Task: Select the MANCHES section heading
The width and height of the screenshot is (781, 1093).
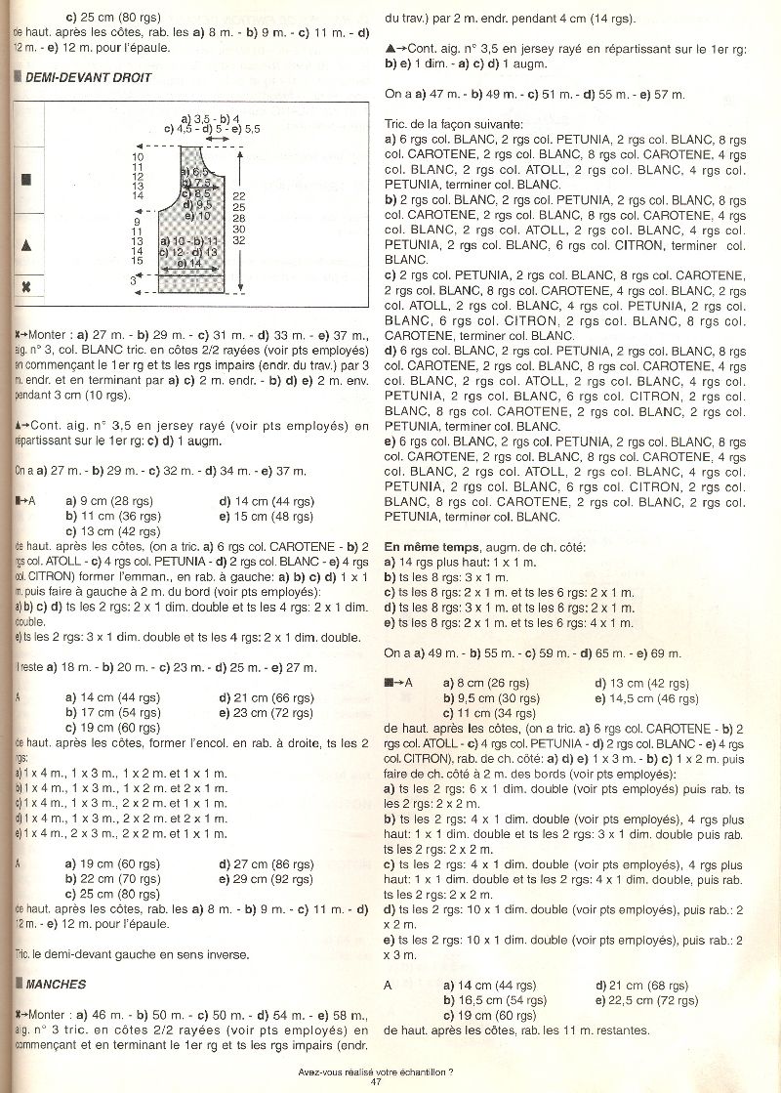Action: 55,984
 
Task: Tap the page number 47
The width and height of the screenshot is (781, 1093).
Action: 376,1080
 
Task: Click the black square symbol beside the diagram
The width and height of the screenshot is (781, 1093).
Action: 26,180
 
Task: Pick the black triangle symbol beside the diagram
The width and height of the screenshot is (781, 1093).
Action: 26,244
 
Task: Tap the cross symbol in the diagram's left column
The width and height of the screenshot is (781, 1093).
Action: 26,287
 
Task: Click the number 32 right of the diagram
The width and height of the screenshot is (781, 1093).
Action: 239,240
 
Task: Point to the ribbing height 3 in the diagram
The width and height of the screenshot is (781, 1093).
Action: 133,280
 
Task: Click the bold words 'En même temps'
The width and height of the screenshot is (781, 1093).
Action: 430,546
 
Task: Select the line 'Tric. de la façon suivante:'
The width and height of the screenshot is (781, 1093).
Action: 453,124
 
